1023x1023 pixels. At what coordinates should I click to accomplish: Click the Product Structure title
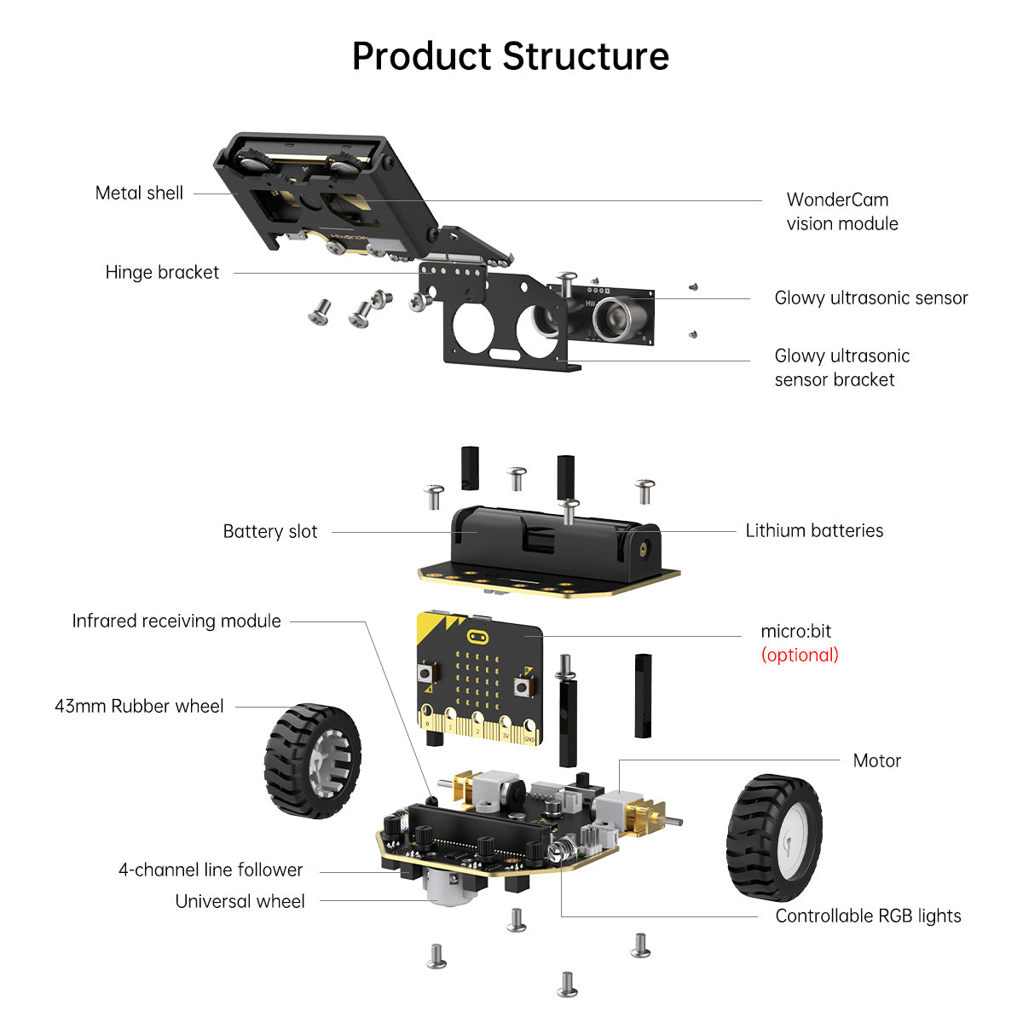pos(510,57)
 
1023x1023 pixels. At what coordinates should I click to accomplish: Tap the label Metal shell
pos(139,194)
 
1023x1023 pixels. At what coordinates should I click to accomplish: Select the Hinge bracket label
pos(162,273)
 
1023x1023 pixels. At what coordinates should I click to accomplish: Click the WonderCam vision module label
pos(841,211)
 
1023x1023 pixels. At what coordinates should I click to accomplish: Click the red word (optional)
pos(800,655)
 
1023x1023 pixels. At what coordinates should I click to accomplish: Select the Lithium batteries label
pos(814,530)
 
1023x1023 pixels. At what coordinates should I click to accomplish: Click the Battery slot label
pos(269,532)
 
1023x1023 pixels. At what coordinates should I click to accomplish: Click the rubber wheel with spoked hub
pos(312,760)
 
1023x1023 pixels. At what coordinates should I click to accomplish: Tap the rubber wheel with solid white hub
pos(774,837)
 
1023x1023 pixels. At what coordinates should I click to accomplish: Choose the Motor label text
pos(876,760)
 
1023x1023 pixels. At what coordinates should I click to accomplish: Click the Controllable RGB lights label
pos(868,916)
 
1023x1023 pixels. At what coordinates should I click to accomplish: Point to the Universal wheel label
pos(240,902)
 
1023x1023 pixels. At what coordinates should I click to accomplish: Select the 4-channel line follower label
pos(211,870)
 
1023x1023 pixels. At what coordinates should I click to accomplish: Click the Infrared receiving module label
pos(176,621)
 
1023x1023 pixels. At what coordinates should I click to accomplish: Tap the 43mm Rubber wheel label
pos(139,707)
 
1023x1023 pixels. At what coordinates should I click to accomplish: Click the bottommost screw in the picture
pos(567,984)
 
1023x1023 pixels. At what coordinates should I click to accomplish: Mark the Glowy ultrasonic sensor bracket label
pos(841,368)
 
